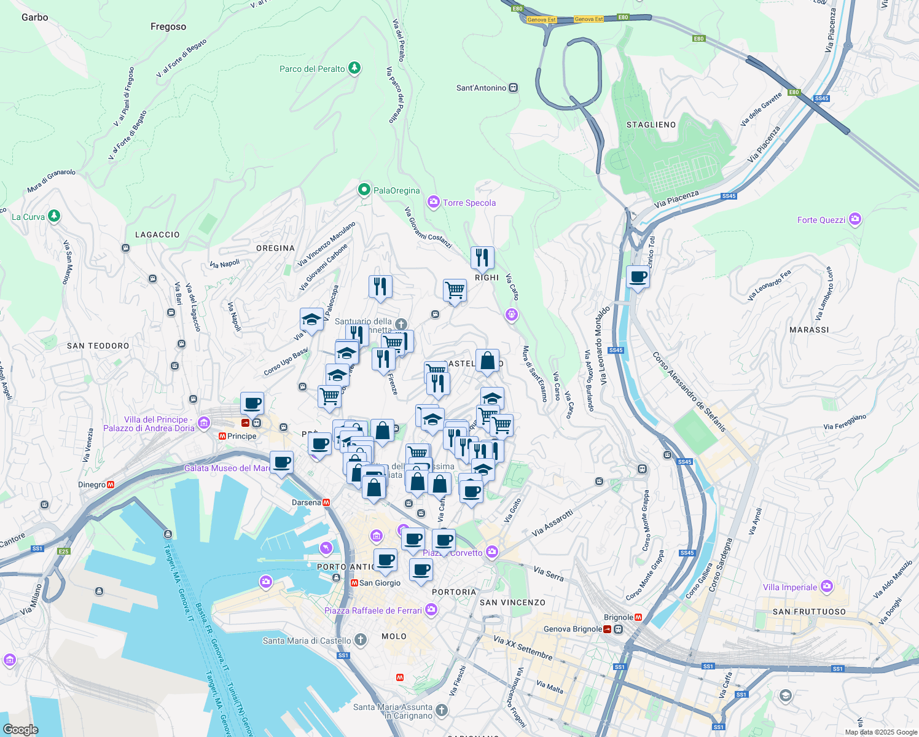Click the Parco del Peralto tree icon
(x=354, y=68)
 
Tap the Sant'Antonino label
(x=481, y=88)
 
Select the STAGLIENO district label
(x=651, y=125)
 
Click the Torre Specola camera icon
(x=434, y=202)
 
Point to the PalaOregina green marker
(x=364, y=190)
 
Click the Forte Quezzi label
(x=821, y=220)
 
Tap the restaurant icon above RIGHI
(x=482, y=258)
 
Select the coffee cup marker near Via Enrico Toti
(x=638, y=278)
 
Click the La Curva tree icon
(x=54, y=216)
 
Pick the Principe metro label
(x=241, y=436)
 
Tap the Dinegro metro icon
(x=111, y=485)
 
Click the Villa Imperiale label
(x=790, y=587)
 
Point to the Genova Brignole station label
(x=573, y=629)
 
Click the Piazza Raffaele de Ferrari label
(x=373, y=610)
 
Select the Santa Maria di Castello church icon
(x=361, y=640)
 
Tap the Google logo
(x=20, y=730)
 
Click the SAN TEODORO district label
(x=98, y=346)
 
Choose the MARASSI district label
(x=809, y=330)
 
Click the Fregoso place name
(x=168, y=26)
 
